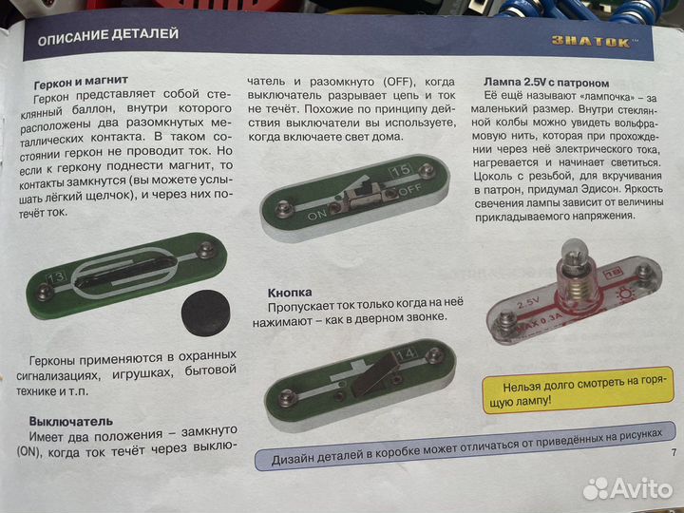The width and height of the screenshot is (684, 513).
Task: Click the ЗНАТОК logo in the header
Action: (594, 40)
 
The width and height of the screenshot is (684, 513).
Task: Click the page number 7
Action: (673, 452)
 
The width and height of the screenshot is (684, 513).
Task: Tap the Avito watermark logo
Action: (626, 487)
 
